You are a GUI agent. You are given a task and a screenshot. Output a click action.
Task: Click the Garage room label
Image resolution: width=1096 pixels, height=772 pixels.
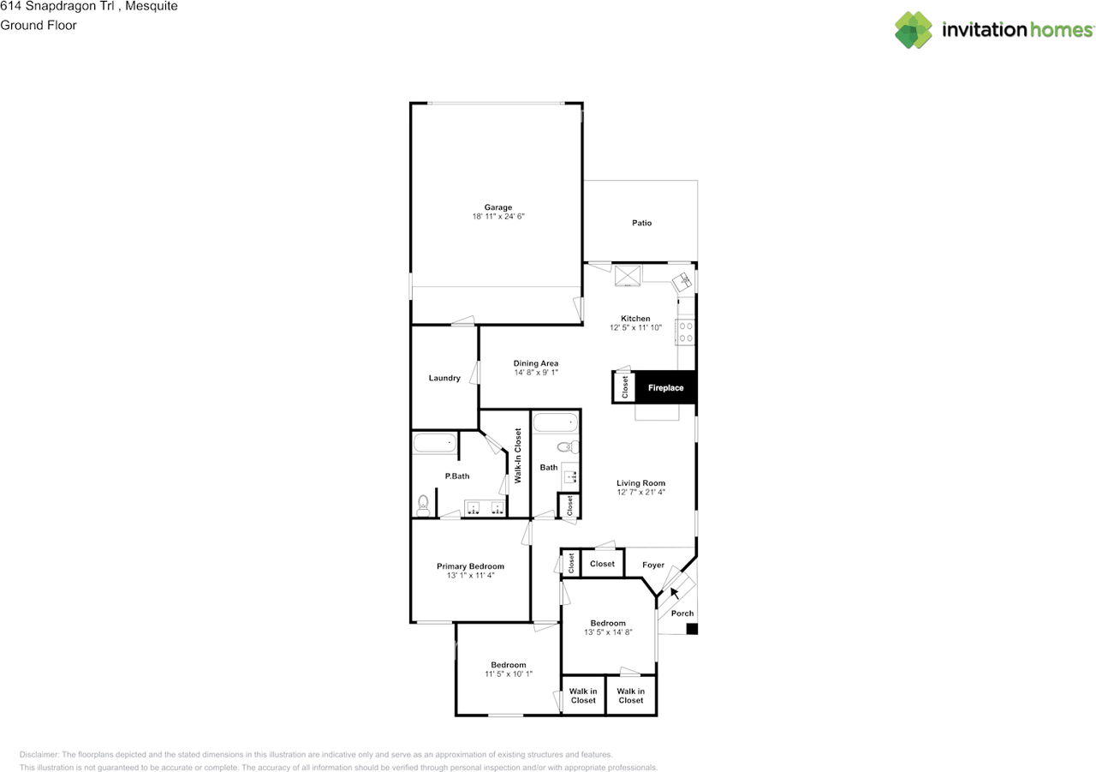[497, 207]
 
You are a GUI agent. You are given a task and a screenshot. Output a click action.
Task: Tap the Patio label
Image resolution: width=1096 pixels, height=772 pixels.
[641, 223]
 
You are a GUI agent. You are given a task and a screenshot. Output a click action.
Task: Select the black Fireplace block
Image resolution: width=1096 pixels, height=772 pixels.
[665, 388]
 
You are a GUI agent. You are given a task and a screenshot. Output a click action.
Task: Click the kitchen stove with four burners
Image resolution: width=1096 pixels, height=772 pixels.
[685, 331]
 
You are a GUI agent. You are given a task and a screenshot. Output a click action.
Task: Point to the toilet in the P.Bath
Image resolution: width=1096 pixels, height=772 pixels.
[421, 506]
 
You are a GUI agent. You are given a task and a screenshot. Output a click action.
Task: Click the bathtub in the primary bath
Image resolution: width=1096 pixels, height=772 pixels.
[434, 443]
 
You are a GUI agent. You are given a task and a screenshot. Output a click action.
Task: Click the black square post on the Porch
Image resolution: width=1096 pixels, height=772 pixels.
[692, 629]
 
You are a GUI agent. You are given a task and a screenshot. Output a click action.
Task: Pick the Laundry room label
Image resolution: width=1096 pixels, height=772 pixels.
[444, 378]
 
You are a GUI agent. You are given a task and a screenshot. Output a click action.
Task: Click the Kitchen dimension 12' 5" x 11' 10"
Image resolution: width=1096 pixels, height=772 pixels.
[635, 327]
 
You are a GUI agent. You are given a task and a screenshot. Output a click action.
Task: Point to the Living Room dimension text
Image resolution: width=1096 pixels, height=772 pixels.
[640, 493]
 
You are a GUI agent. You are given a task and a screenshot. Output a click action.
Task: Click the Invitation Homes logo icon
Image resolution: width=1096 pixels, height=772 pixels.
[914, 30]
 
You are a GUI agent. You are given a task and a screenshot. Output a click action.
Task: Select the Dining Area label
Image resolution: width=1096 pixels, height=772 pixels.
[536, 363]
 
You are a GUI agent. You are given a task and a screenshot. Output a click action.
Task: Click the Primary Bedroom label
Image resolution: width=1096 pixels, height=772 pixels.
[470, 566]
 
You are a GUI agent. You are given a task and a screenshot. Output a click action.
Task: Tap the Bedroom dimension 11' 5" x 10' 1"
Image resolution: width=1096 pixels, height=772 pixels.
[508, 674]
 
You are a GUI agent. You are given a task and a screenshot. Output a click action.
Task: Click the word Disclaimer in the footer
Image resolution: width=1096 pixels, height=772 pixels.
[39, 755]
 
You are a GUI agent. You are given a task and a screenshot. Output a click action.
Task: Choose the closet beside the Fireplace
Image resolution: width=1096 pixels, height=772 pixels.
[625, 387]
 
